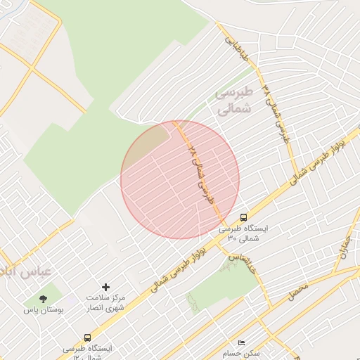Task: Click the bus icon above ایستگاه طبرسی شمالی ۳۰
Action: click(243, 217)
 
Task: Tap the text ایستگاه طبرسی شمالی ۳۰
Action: click(238, 233)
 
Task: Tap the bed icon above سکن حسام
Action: click(243, 342)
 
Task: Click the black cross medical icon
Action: click(106, 287)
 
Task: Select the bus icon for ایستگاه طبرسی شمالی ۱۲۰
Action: click(87, 337)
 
